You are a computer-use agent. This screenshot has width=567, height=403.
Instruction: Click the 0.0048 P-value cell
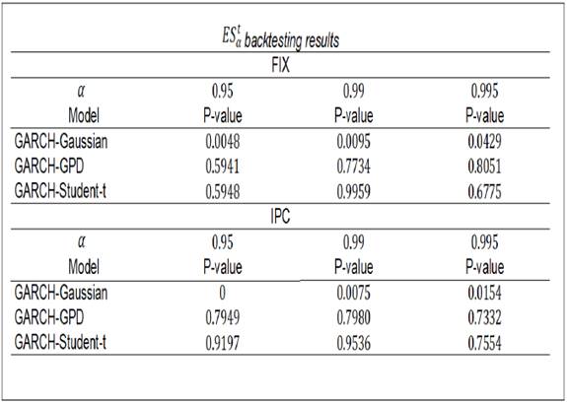pos(224,142)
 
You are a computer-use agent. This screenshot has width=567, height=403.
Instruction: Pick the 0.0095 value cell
pos(355,142)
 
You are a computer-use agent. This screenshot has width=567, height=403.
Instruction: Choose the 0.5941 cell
pos(224,168)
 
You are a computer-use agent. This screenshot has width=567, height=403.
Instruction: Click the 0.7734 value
pos(355,168)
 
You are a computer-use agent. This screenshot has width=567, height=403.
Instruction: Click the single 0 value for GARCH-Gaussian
pos(224,293)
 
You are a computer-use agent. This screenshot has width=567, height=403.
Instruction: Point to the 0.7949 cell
pos(224,317)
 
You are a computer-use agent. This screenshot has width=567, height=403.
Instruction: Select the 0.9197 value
pos(224,343)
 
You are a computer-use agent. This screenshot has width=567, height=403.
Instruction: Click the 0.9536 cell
pos(355,343)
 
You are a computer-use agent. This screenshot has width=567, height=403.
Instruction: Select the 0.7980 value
pos(355,317)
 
